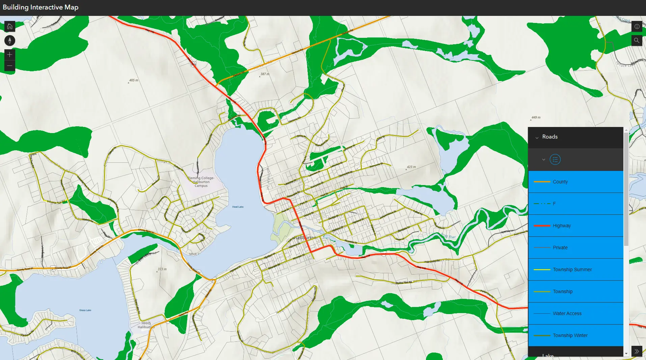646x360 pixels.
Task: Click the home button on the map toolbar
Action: pos(9,26)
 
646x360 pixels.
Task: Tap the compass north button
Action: pos(9,41)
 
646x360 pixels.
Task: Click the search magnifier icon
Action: pos(637,41)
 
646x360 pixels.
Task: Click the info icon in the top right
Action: pos(637,26)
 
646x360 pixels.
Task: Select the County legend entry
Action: pos(575,182)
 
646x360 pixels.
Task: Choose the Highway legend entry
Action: pos(575,226)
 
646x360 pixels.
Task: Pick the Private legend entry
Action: pos(575,248)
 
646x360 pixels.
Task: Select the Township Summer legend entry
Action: pos(575,269)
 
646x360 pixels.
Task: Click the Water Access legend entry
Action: pos(575,313)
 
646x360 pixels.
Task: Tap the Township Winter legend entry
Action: pos(575,335)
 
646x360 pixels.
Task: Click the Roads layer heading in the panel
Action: pos(550,137)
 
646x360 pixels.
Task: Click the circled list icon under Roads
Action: pos(555,159)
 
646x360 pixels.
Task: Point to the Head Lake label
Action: pos(238,207)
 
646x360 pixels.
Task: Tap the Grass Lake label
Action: pos(85,310)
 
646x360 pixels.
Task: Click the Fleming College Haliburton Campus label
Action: pos(201,182)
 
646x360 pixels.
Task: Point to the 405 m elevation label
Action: pos(134,80)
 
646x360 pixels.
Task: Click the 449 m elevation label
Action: pos(536,118)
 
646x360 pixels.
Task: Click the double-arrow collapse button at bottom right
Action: pos(637,351)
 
